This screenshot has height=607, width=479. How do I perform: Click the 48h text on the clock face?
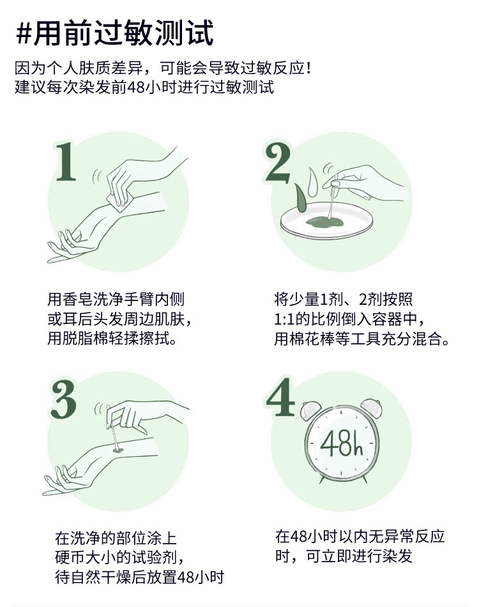pyautogui.click(x=342, y=443)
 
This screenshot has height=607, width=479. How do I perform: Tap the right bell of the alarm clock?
pyautogui.click(x=372, y=407)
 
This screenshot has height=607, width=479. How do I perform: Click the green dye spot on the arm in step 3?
pyautogui.click(x=116, y=451)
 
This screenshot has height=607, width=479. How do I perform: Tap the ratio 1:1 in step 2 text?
pyautogui.click(x=284, y=319)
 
